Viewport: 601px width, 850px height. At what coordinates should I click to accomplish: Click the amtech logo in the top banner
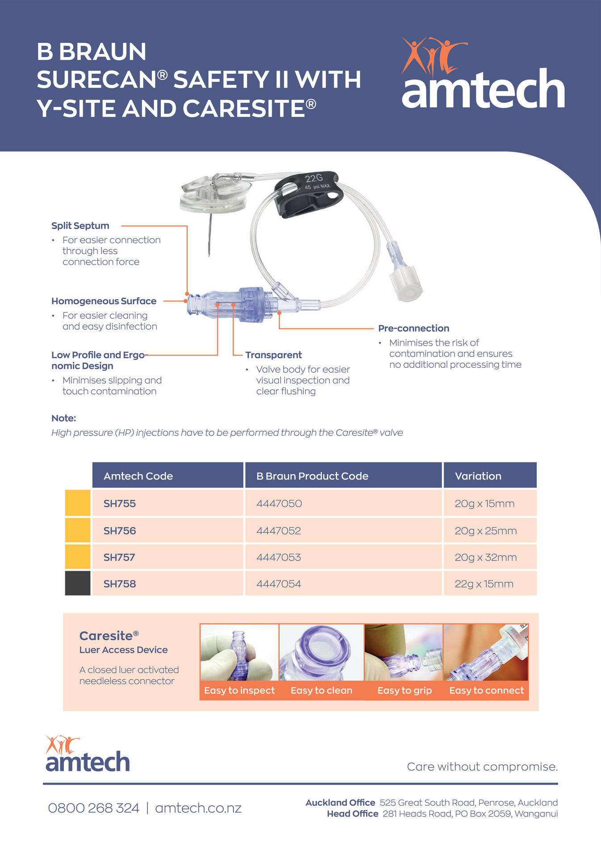(x=483, y=76)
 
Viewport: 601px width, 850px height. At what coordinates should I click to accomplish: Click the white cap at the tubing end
(x=406, y=283)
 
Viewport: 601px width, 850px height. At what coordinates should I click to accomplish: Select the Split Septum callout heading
(x=80, y=226)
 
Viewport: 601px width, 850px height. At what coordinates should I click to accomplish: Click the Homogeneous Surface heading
(x=104, y=301)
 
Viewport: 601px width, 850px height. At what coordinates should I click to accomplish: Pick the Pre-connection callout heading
(x=413, y=328)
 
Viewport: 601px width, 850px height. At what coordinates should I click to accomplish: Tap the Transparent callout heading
(x=273, y=355)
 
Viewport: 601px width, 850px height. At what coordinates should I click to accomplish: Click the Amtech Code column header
(x=138, y=476)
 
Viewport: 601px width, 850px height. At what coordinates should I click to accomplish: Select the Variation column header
(x=478, y=476)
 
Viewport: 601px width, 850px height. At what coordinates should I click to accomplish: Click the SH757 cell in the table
(x=119, y=557)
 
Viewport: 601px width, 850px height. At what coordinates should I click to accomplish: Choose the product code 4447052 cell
(x=278, y=531)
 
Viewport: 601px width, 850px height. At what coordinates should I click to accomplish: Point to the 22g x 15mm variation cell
(x=484, y=584)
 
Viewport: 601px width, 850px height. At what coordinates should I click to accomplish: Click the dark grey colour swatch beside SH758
(x=78, y=583)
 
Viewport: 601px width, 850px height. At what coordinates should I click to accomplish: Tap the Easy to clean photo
(x=321, y=653)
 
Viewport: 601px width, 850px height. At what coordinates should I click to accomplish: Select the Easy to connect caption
(x=486, y=690)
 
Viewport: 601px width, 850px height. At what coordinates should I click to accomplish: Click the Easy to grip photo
(x=404, y=653)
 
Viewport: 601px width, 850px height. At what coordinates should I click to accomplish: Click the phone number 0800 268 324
(x=93, y=808)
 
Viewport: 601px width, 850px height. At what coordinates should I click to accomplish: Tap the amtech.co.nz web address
(x=198, y=808)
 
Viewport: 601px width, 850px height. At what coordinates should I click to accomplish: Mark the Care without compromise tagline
(x=482, y=767)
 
